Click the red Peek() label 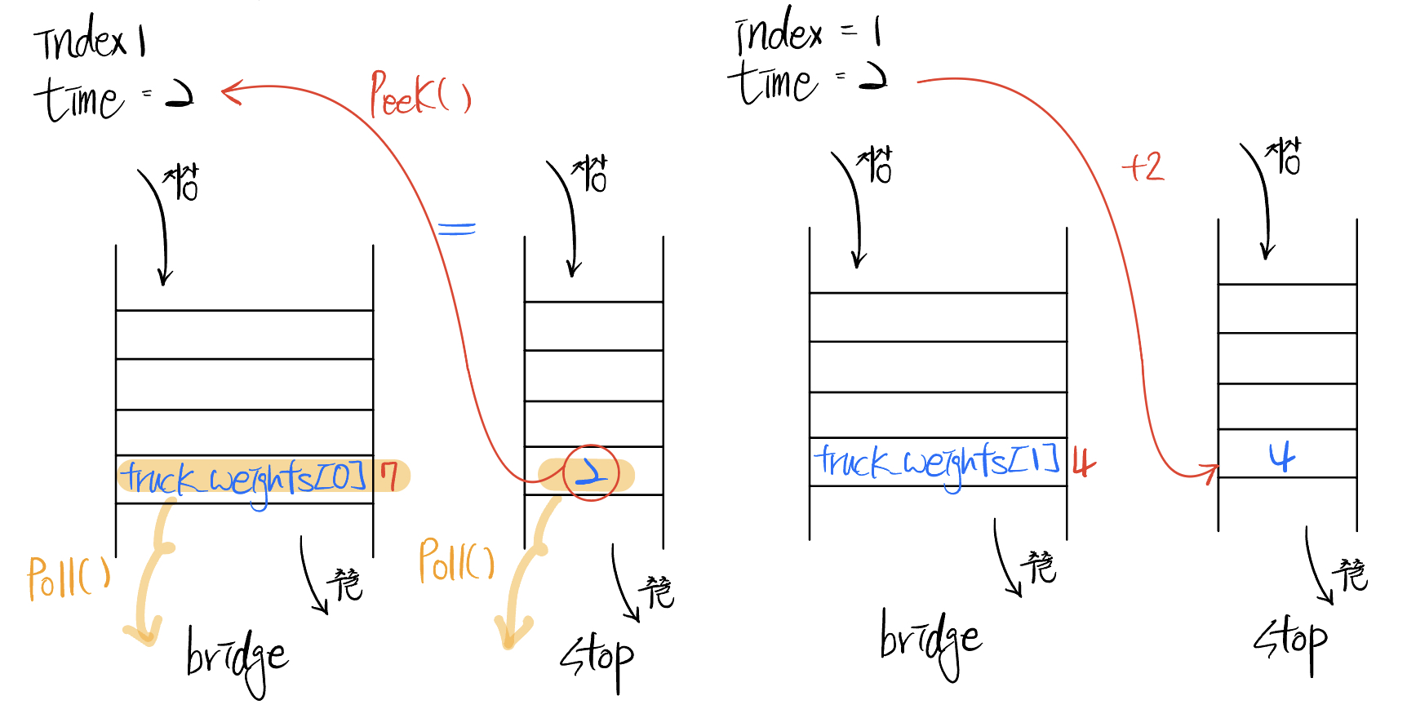[419, 95]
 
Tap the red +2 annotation [1143, 167]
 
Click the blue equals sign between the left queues [456, 228]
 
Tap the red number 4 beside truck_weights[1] [1082, 463]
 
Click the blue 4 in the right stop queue [1282, 457]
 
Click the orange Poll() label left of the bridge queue [69, 578]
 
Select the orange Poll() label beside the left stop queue [456, 561]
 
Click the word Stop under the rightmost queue [1291, 641]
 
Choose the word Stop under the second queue [597, 658]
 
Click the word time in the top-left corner [79, 100]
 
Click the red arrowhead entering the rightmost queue [1209, 472]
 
